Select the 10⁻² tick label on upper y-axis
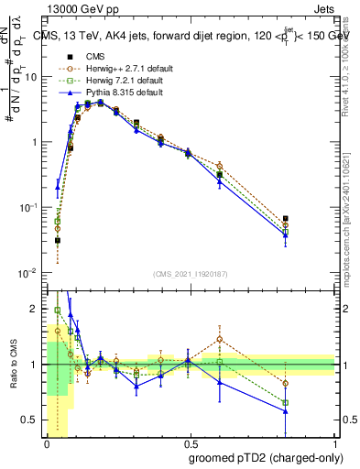point(30,273)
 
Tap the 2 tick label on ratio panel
point(37,309)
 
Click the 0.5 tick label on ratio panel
point(33,420)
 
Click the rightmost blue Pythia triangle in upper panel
point(286,235)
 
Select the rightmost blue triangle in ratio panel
point(286,411)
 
